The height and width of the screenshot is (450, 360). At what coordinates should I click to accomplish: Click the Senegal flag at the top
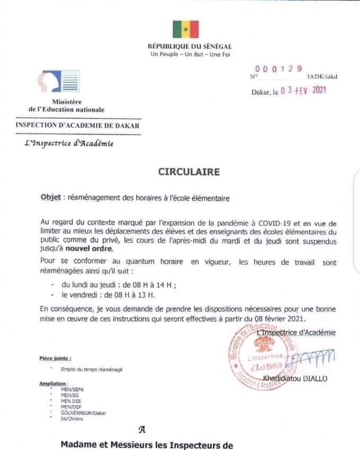pyautogui.click(x=185, y=29)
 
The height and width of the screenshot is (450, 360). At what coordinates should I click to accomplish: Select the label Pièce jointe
pyautogui.click(x=55, y=358)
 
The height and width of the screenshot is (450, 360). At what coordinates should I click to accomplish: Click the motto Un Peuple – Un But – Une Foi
pyautogui.click(x=190, y=55)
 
